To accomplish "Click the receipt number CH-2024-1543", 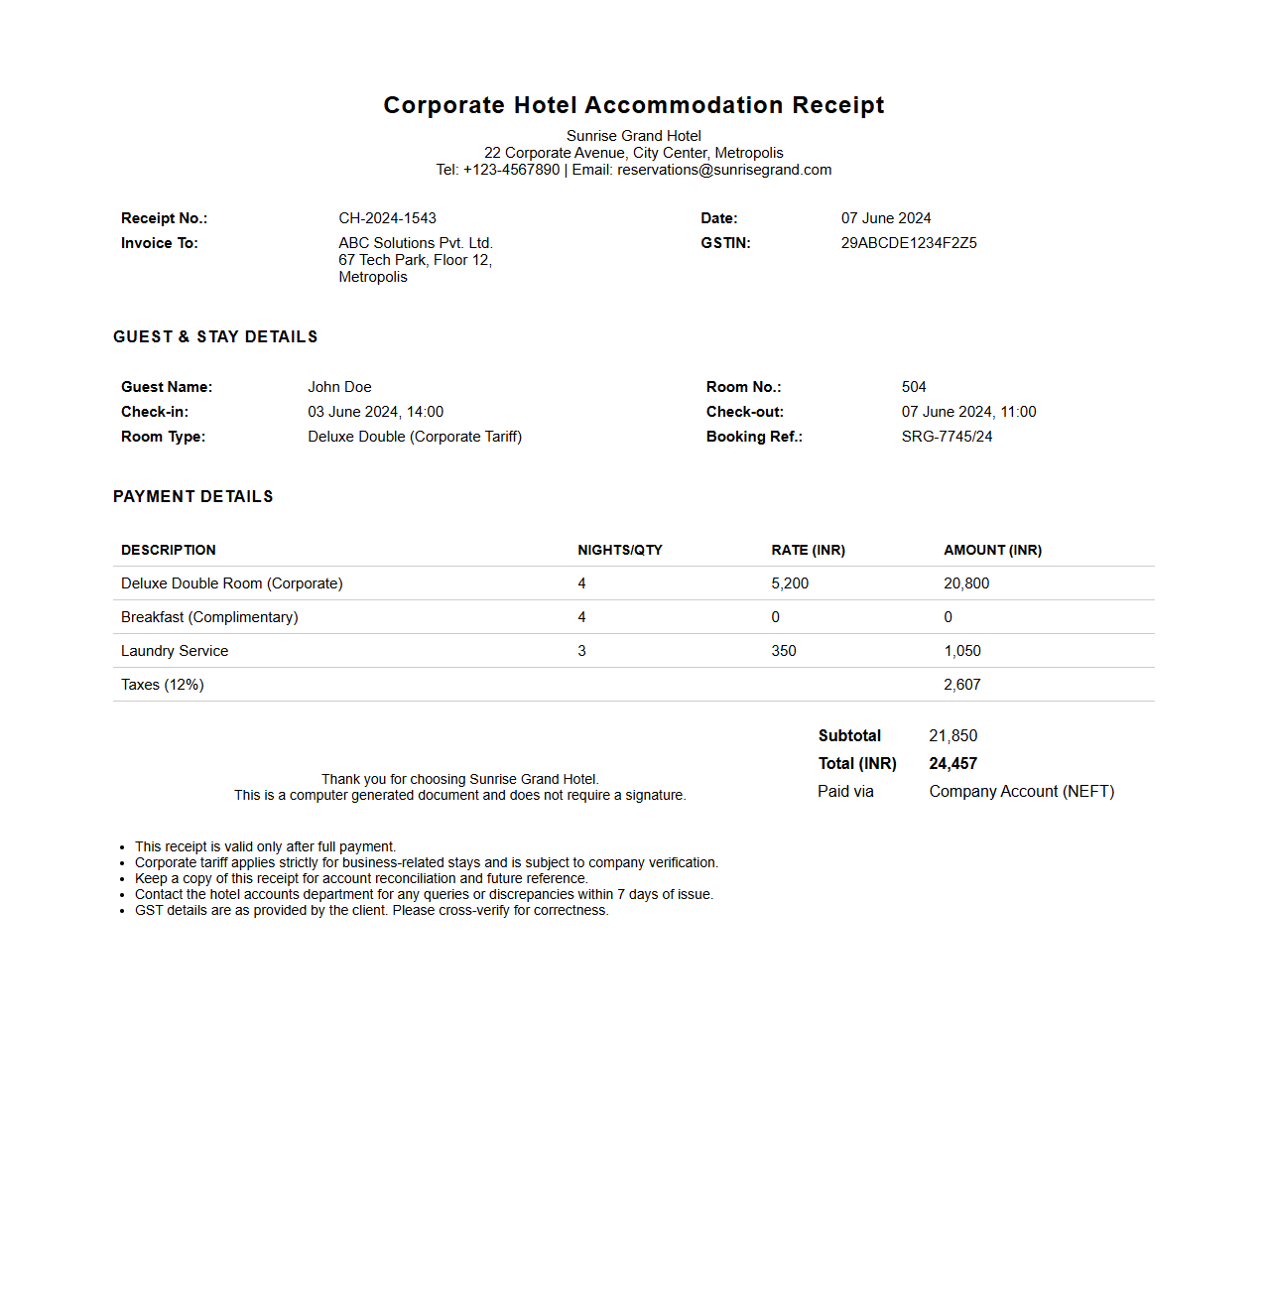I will [387, 218].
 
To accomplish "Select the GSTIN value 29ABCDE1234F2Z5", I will [909, 243].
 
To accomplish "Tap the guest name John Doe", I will [339, 387].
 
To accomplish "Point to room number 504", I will [914, 387].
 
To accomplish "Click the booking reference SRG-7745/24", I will [947, 437].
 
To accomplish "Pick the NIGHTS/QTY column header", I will [620, 550].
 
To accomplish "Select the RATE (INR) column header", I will [808, 550].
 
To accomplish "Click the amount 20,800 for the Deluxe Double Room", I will [966, 583].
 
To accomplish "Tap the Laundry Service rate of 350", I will [784, 651].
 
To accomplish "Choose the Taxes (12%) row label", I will [163, 685].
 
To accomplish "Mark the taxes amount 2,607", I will [962, 685].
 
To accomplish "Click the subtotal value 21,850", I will [952, 736].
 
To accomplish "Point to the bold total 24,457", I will [952, 764].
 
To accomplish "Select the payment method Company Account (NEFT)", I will [1022, 792].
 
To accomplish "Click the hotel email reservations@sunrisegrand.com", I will [724, 170].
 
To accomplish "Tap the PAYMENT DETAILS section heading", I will [193, 496].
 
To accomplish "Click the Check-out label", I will [745, 412].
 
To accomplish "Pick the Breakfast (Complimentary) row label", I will [209, 617].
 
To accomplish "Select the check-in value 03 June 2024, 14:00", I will [375, 412].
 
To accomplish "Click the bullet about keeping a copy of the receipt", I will [361, 878].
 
